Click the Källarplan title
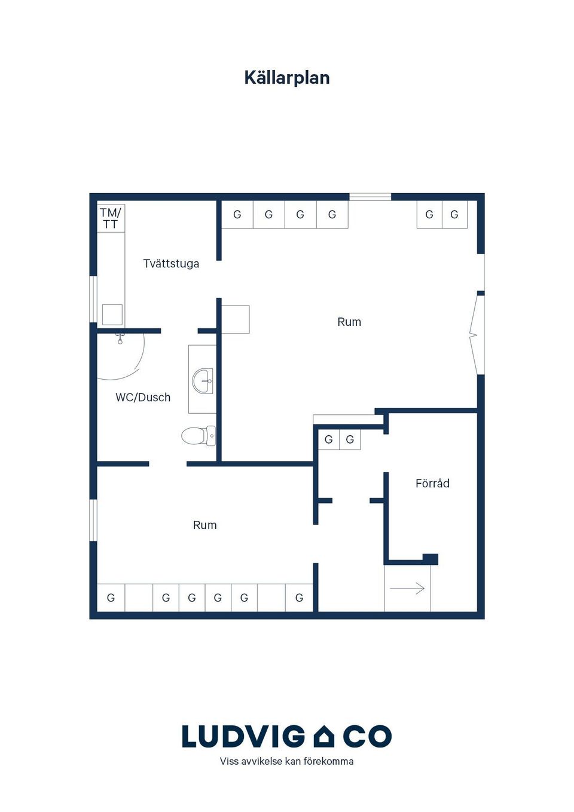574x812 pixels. (287, 78)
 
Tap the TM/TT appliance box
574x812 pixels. (111, 218)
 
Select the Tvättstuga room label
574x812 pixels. (171, 264)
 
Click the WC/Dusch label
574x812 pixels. (143, 397)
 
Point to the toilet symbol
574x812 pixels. (199, 436)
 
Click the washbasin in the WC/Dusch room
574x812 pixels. (203, 381)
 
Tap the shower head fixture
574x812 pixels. (120, 339)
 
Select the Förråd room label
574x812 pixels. (432, 483)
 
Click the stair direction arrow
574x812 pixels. (407, 588)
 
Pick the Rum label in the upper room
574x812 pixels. (349, 322)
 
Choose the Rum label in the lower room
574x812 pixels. (204, 525)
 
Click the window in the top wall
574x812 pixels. (370, 197)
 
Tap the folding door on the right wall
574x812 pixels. (477, 335)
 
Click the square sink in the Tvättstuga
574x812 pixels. (112, 315)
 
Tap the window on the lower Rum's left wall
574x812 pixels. (93, 521)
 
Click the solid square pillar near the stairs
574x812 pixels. (430, 559)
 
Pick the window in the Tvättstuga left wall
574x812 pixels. (93, 299)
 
